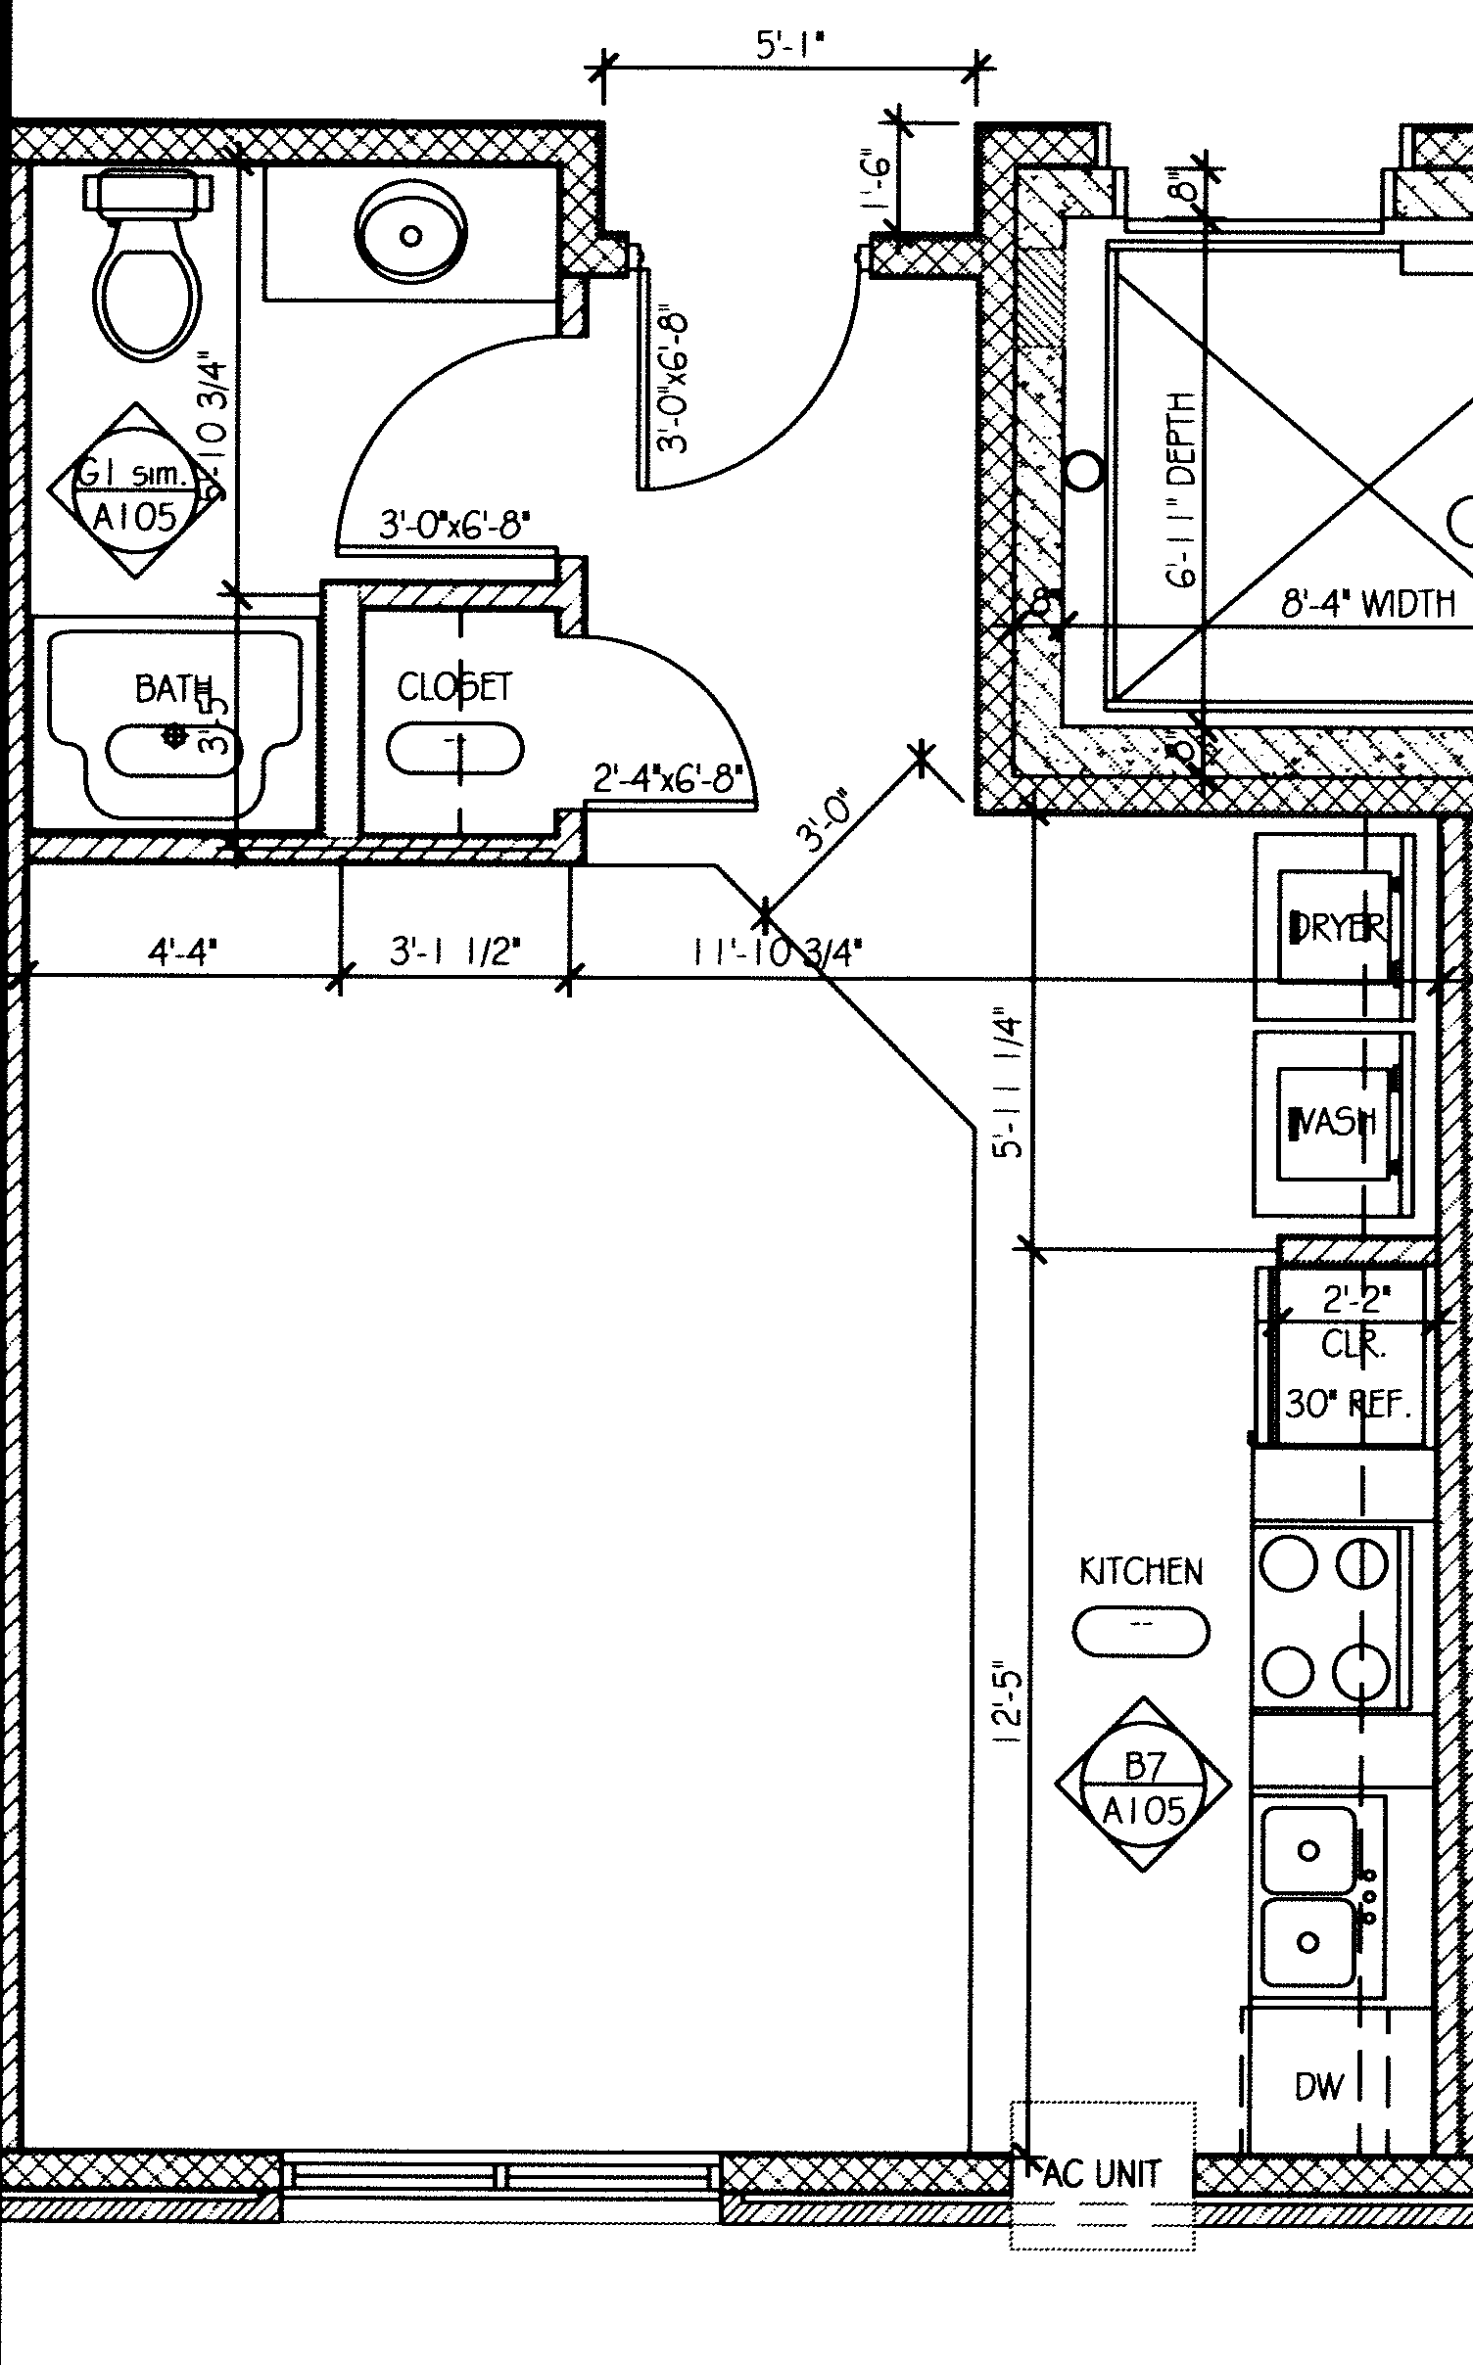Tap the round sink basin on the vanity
(410, 234)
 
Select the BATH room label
(173, 688)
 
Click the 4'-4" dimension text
(182, 951)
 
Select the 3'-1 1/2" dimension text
(455, 951)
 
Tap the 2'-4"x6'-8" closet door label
(668, 780)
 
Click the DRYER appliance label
(1338, 926)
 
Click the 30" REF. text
(1348, 1406)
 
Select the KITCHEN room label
(1141, 1571)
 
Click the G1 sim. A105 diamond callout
(134, 492)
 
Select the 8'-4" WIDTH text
(1368, 604)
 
